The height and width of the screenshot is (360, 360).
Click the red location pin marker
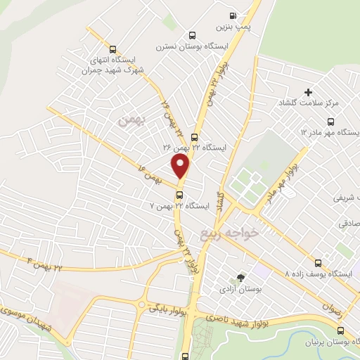(181, 167)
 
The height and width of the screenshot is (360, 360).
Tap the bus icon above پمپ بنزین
(232, 15)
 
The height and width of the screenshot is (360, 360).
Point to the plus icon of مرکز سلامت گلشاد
(307, 92)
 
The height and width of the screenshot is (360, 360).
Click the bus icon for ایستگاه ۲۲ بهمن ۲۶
(194, 138)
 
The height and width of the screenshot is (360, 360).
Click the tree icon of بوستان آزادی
(242, 278)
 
